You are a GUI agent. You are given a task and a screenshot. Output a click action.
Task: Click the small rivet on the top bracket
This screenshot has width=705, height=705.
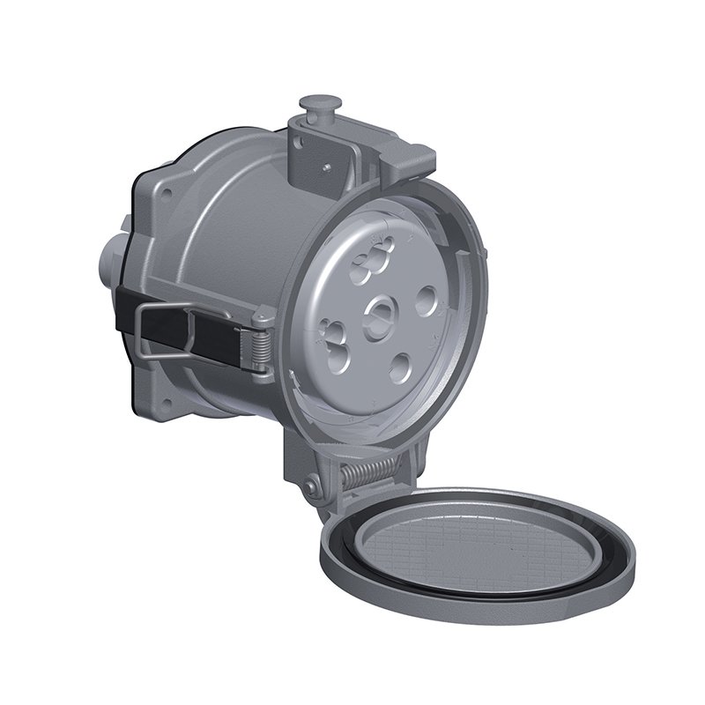tap(326, 163)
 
